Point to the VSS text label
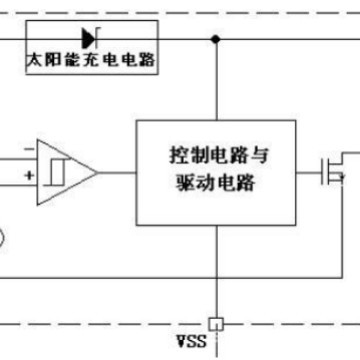pyautogui.click(x=189, y=341)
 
